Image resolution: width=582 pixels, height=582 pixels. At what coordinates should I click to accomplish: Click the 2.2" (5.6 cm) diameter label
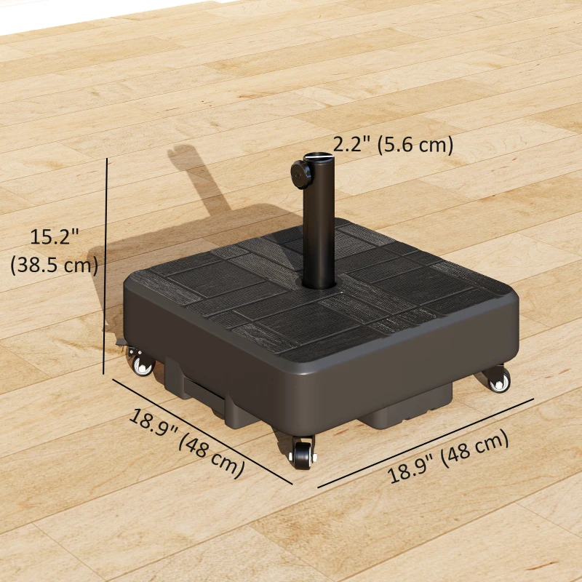393,144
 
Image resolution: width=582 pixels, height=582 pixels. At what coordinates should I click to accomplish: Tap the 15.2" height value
54,236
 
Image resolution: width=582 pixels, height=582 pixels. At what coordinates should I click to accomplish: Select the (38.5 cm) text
54,265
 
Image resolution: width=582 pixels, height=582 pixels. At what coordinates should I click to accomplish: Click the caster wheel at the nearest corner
301,455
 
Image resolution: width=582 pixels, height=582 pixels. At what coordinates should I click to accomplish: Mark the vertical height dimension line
107,262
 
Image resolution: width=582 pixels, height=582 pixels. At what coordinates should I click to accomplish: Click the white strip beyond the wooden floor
73,15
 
